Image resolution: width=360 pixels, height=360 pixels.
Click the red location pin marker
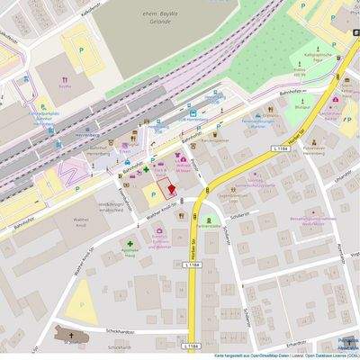pos(164,189)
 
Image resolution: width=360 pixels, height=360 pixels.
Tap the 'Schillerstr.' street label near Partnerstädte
pos(238,218)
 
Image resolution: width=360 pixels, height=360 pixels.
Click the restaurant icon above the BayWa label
pos(64,77)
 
